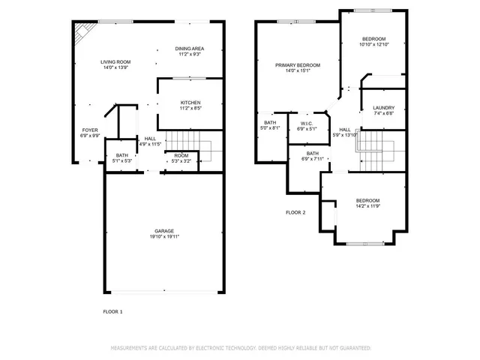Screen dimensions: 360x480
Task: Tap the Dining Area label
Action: tap(190, 49)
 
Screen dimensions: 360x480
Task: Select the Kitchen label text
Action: tap(190, 103)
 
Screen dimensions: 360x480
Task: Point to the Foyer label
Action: tap(90, 130)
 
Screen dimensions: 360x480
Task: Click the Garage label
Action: tap(164, 230)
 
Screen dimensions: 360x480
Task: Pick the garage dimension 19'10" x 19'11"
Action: tap(164, 236)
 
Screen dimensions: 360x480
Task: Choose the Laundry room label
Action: tap(383, 108)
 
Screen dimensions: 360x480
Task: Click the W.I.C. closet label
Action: tap(307, 123)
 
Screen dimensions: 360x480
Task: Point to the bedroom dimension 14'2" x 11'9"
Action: tap(367, 206)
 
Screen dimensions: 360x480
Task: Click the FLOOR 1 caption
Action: tap(112, 310)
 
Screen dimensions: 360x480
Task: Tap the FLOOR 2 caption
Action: tap(295, 212)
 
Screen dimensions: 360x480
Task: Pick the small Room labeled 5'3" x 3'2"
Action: tap(181, 157)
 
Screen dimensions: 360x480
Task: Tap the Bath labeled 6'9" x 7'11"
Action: tap(313, 156)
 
